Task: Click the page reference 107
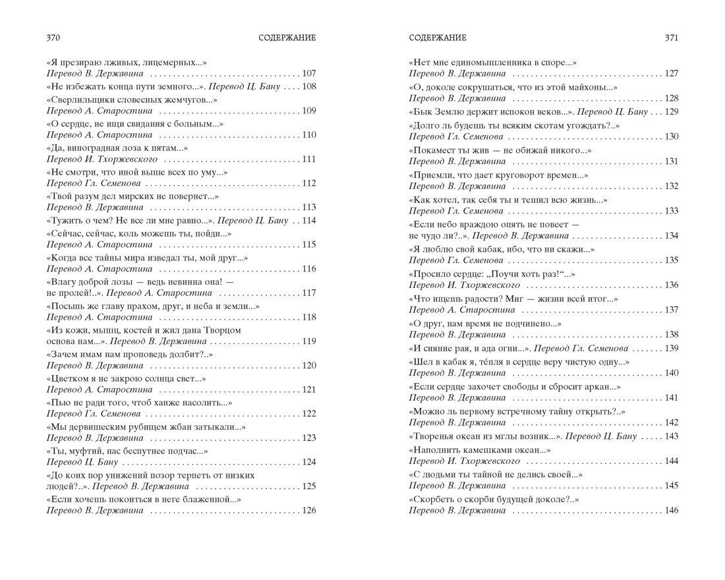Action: pyautogui.click(x=308, y=73)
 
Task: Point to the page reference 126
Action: pyautogui.click(x=308, y=511)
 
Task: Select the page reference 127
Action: pyautogui.click(x=671, y=73)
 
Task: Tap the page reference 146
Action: pyautogui.click(x=671, y=511)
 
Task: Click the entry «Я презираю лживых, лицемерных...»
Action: pyautogui.click(x=127, y=62)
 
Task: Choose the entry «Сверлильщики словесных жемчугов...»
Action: pyautogui.click(x=132, y=100)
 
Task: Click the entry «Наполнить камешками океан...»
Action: pyautogui.click(x=480, y=449)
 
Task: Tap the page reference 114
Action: pyautogui.click(x=308, y=220)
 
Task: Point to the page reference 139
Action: pyautogui.click(x=671, y=348)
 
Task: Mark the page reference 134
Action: pyautogui.click(x=671, y=235)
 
